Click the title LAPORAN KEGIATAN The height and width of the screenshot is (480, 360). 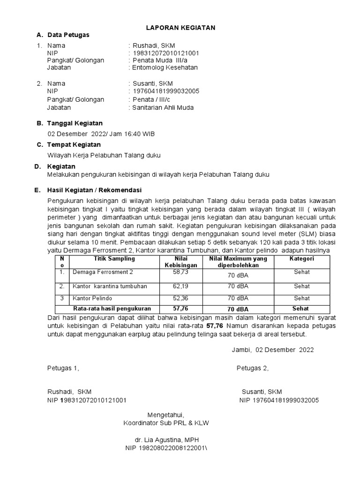tap(181, 28)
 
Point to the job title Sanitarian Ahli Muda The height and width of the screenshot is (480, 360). tap(163, 107)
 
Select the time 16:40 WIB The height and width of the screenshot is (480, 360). tap(139, 134)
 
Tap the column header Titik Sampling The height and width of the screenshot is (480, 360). tap(114, 259)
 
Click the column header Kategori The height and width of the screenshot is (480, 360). tap(301, 259)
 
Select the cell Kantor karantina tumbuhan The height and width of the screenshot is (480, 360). tap(110, 286)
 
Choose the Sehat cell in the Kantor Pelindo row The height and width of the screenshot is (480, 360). tap(301, 298)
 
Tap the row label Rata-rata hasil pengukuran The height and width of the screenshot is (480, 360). tap(112, 309)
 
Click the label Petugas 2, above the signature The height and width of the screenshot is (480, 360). tap(252, 368)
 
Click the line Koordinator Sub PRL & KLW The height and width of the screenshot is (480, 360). tap(166, 423)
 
